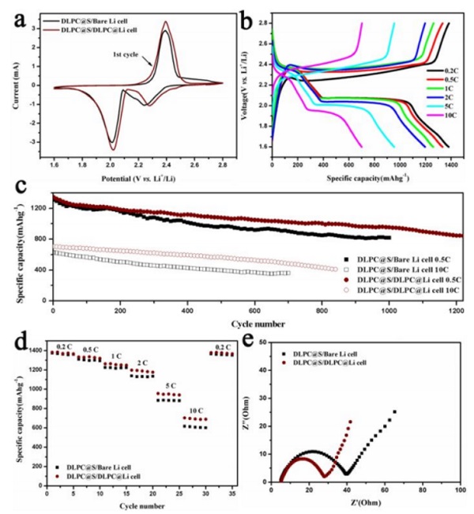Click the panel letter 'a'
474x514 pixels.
pos(17,17)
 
